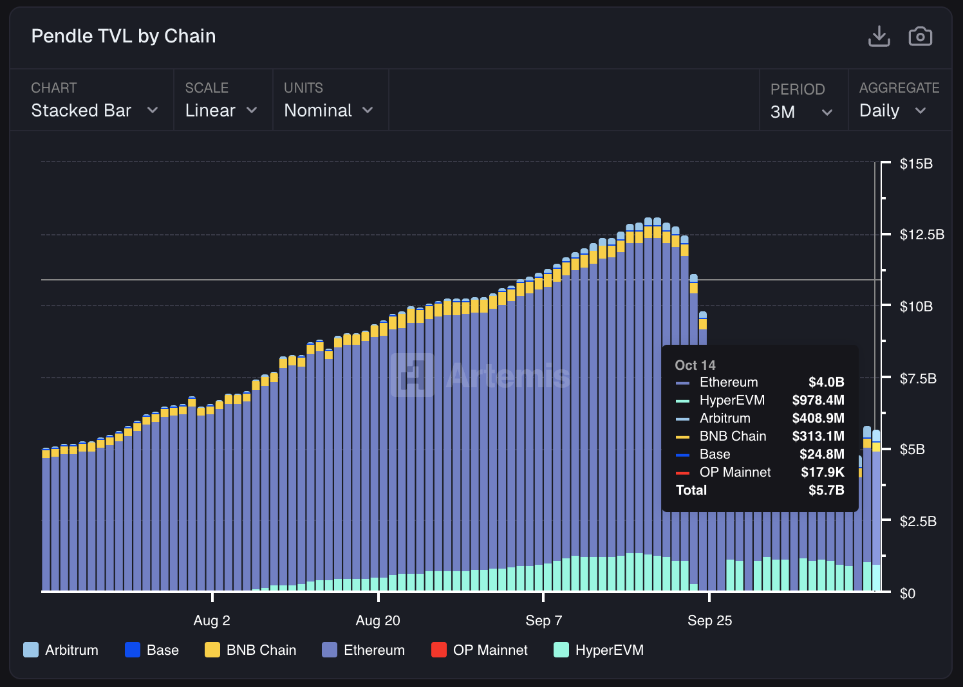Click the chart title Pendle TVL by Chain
(124, 36)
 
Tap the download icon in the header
(879, 37)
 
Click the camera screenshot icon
(920, 37)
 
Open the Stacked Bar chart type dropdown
(94, 111)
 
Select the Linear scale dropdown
(221, 111)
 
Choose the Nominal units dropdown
(328, 111)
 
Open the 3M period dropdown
(801, 112)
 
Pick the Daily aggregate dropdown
(892, 111)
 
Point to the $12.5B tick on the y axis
(921, 234)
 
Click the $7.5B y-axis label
(917, 378)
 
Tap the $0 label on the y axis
(907, 593)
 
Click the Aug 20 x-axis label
(378, 621)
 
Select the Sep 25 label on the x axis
(709, 621)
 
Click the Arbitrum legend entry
(61, 650)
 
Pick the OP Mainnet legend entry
(480, 650)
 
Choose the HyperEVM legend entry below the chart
(599, 650)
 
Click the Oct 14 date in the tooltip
(695, 365)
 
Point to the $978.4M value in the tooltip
(818, 400)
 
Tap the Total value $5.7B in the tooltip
(826, 490)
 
